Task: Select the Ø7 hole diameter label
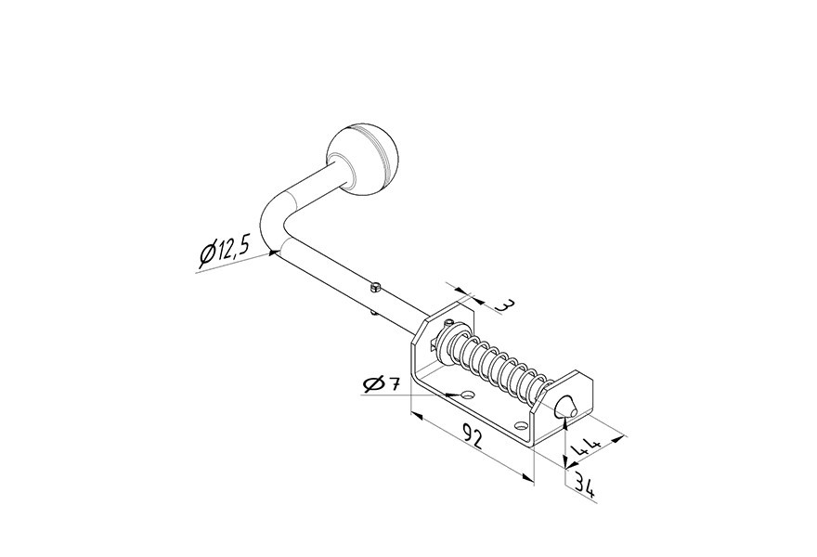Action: coord(381,384)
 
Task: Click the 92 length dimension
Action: coord(472,435)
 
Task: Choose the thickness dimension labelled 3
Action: coord(503,304)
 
